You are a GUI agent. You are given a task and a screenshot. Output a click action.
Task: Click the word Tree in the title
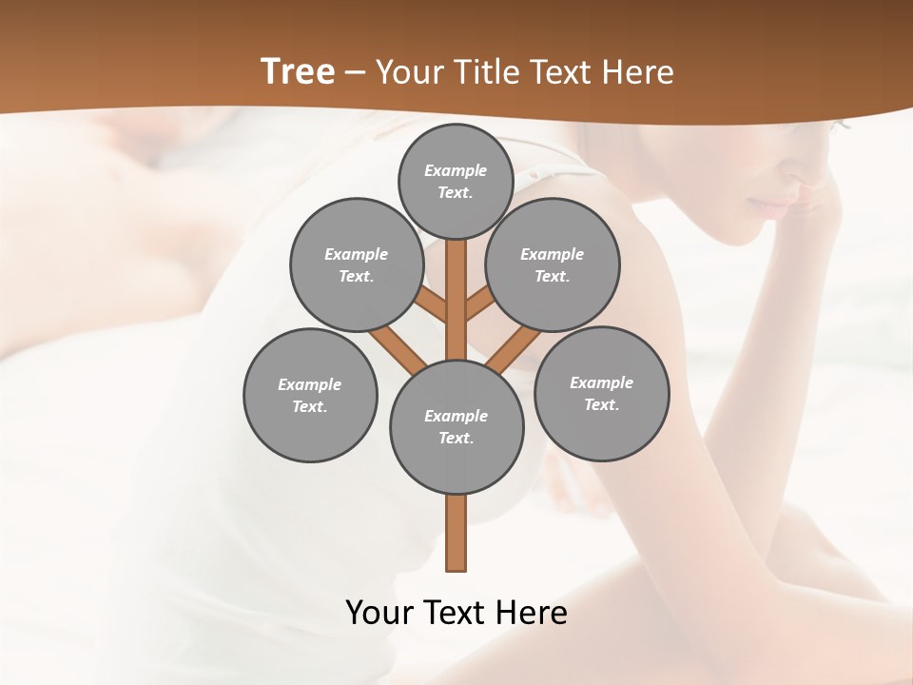point(298,72)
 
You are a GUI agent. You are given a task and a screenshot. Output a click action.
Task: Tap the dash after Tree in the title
point(355,73)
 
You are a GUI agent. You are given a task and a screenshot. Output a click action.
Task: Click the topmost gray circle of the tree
point(456,181)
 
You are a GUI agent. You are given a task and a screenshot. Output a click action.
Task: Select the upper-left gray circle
point(357,264)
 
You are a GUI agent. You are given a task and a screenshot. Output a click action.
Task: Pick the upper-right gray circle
point(553,264)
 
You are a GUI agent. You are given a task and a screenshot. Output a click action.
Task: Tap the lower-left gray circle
point(310,395)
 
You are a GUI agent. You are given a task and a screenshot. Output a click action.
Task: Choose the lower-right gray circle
point(602,393)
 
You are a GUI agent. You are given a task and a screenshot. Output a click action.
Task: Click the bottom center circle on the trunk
point(456,426)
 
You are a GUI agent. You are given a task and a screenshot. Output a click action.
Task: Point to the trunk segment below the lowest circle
point(456,533)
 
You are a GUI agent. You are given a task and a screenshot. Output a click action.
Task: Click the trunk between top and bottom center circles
point(456,300)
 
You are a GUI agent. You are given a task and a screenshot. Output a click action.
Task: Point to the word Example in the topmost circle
point(456,170)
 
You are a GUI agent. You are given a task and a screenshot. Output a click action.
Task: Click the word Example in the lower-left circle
point(310,384)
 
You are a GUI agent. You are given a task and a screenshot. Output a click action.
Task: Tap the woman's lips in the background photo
point(772,205)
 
